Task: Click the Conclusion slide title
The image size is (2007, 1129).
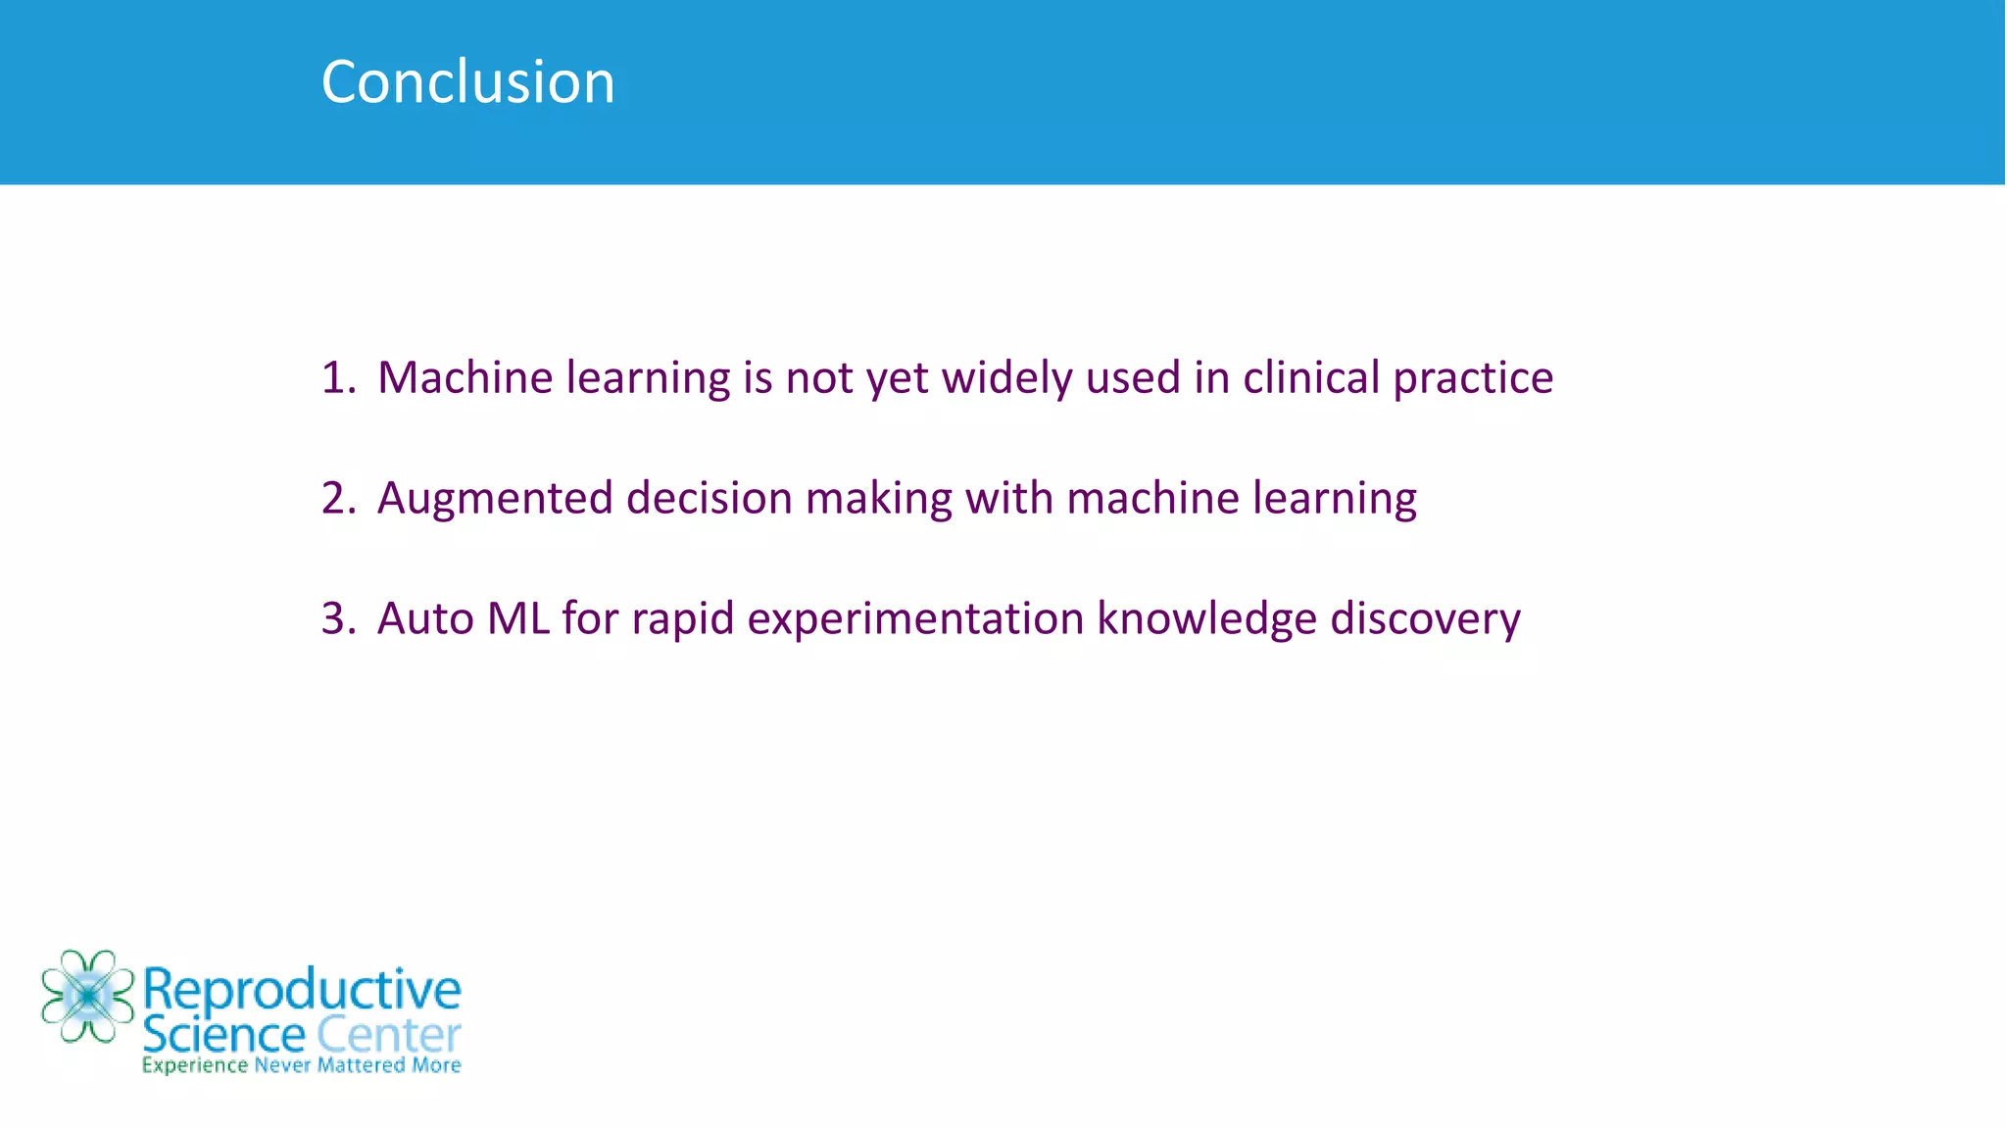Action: [x=467, y=81]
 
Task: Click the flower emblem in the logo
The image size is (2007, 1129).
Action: [x=87, y=996]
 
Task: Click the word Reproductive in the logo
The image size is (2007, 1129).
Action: [x=302, y=990]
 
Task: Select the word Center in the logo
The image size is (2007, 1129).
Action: [x=388, y=1035]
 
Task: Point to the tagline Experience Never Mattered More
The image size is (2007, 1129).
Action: [x=301, y=1065]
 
